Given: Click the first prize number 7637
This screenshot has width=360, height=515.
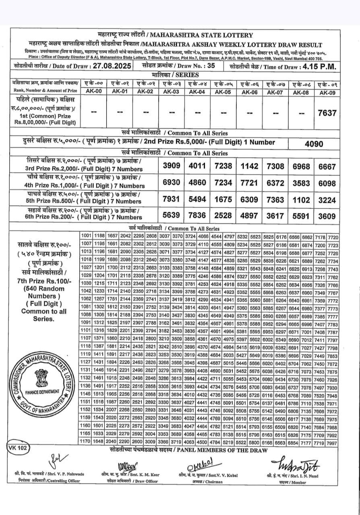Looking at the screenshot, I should coord(327,113).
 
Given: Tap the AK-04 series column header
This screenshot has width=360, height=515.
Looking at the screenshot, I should coord(198,91).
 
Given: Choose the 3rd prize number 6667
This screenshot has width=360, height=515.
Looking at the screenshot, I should coord(327,166).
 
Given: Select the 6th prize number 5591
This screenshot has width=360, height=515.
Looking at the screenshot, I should coord(301,216).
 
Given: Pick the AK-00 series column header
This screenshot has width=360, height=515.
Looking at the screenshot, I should coord(95,91).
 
